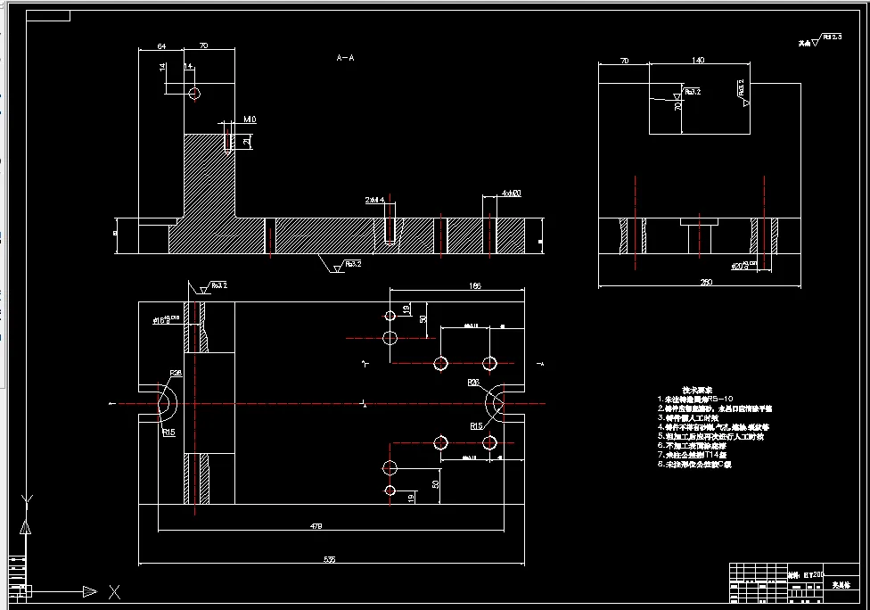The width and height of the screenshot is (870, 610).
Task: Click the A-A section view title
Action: click(x=346, y=58)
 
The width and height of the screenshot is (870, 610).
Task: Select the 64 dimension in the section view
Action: click(x=161, y=45)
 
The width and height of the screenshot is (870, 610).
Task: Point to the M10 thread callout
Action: click(x=250, y=120)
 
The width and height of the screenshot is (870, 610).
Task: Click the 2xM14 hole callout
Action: click(x=374, y=200)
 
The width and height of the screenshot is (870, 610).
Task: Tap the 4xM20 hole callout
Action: click(x=511, y=194)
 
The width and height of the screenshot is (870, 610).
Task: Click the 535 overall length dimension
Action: click(x=329, y=559)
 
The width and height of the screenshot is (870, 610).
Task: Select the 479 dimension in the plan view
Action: click(x=316, y=526)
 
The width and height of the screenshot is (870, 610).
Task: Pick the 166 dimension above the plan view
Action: click(x=473, y=285)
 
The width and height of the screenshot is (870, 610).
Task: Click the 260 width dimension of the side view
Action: click(x=706, y=283)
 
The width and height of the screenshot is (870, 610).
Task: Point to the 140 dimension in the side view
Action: click(x=698, y=60)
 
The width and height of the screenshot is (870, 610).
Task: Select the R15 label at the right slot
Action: click(x=477, y=426)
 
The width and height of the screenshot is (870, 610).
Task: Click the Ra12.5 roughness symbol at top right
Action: click(x=825, y=38)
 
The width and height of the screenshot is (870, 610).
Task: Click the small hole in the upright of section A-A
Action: click(x=194, y=93)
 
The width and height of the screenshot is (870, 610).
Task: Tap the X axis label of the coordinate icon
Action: click(x=114, y=591)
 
